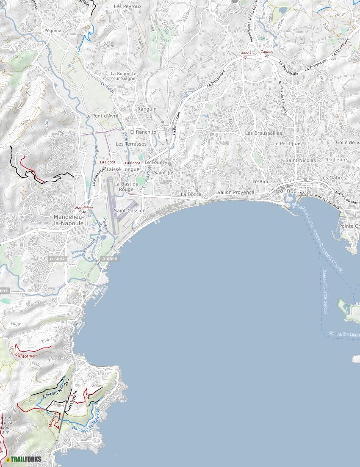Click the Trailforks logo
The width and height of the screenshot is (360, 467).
coord(24,459)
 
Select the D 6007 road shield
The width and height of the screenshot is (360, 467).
coord(57,259)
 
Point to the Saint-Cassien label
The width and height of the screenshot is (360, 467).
coord(130,210)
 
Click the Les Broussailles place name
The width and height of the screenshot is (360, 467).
coord(263,133)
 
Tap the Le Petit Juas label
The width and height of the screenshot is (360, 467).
coord(287,144)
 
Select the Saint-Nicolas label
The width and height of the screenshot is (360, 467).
coord(301,160)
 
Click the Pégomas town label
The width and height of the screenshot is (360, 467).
coord(54,31)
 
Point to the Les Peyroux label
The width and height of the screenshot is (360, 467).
coord(127,7)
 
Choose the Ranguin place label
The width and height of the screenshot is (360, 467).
coord(147,109)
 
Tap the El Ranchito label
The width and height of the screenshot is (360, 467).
coord(143,132)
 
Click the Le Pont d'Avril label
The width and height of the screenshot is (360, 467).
coord(102,116)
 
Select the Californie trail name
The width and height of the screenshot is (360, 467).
coord(25,356)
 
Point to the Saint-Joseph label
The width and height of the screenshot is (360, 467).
coord(169,173)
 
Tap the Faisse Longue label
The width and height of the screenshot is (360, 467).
coord(123,169)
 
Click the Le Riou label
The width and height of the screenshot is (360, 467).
coord(261,181)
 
